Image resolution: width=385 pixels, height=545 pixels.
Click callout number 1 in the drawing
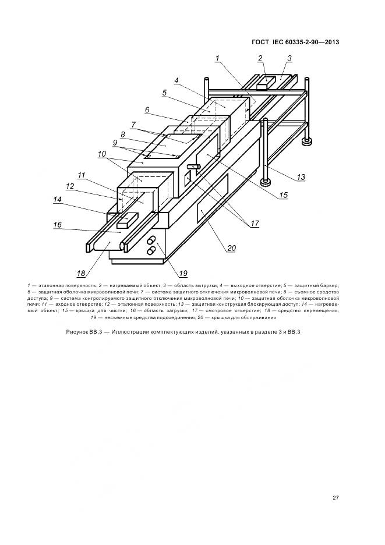tap(217, 58)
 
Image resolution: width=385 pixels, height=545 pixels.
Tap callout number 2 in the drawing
tap(261, 58)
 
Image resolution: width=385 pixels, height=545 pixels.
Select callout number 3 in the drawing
tap(289, 58)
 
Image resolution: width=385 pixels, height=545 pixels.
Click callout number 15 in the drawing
tap(283, 196)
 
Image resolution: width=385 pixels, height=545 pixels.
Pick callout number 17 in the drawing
tap(255, 222)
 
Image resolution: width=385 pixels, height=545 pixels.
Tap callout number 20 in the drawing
tap(231, 248)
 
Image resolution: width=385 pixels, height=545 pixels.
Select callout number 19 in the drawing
tap(183, 272)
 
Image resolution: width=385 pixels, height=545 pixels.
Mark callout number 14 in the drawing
tap(58, 199)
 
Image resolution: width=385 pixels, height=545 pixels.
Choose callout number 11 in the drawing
tap(81, 175)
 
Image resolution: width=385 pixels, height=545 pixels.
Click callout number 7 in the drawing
tap(133, 124)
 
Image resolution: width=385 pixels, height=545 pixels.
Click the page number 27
tap(335, 497)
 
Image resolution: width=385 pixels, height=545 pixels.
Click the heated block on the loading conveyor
tap(126, 221)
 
